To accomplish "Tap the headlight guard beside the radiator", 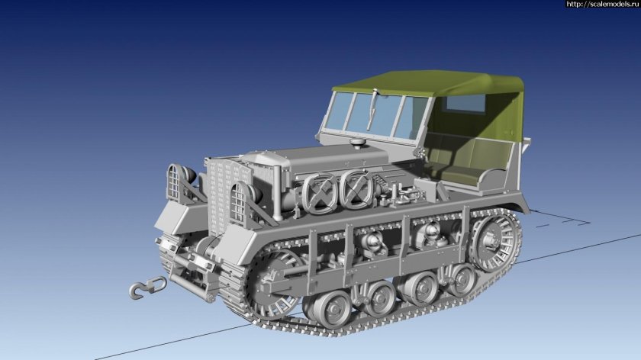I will point(240,204).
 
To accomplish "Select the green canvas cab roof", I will point(427,84).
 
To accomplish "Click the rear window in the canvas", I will point(467,104).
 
